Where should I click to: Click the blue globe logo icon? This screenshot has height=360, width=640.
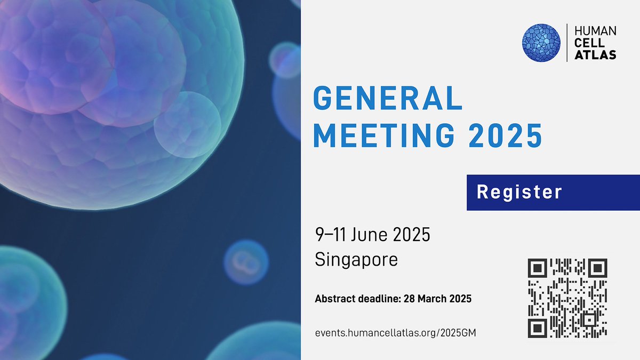[541, 43]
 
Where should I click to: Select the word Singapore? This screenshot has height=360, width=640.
[356, 260]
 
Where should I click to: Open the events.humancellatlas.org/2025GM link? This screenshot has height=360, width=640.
[395, 333]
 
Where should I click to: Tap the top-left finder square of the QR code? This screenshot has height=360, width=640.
[537, 268]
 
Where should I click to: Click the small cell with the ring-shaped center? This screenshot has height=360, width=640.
[245, 262]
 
